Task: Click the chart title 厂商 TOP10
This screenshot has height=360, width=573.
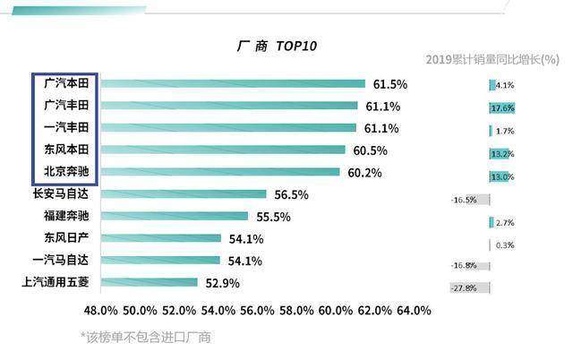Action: tap(277, 46)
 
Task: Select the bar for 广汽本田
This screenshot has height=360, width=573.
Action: tap(233, 83)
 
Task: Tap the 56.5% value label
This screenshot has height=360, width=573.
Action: tap(291, 195)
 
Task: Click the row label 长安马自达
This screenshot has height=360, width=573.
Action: tap(61, 193)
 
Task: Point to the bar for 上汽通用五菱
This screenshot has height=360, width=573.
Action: tap(150, 282)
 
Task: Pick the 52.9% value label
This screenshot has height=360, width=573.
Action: tap(223, 283)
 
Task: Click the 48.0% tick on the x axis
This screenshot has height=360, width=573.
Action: tap(101, 311)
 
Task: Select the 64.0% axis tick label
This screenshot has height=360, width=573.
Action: tap(414, 311)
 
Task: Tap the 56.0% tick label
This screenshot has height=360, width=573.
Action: tap(257, 311)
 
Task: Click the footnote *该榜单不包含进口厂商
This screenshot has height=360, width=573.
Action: tap(145, 337)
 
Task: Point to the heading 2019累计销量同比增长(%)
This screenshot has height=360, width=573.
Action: tap(492, 59)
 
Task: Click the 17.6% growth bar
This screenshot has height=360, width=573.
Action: tap(502, 108)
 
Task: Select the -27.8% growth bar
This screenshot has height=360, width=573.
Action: tap(469, 288)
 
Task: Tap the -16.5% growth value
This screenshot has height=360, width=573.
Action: tap(464, 200)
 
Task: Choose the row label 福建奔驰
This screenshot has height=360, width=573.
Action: tap(66, 216)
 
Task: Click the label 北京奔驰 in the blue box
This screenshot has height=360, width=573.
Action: tap(66, 171)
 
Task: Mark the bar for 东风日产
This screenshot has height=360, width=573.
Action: tap(161, 238)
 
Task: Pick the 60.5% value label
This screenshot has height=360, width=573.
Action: tap(370, 150)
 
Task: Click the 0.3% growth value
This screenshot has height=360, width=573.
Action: tap(505, 245)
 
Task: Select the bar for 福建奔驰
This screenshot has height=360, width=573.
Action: tap(175, 216)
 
